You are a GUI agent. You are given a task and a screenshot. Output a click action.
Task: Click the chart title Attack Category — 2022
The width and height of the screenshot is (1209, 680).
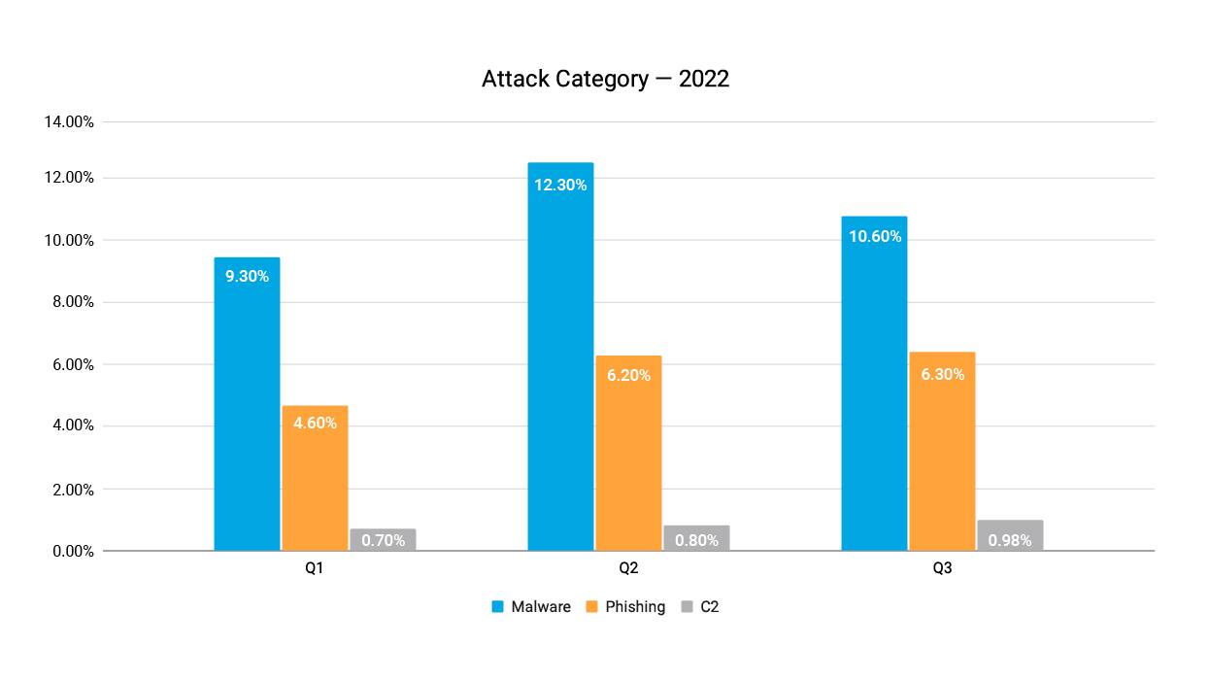(x=605, y=80)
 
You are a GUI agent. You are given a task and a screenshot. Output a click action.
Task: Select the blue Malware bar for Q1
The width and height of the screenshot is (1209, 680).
(x=247, y=408)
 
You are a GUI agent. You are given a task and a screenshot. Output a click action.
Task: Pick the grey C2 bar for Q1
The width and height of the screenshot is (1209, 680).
(x=383, y=540)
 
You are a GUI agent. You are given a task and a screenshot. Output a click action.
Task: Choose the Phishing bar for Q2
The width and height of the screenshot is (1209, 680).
(x=628, y=457)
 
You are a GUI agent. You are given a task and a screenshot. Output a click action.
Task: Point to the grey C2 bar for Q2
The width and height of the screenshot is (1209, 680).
(x=696, y=539)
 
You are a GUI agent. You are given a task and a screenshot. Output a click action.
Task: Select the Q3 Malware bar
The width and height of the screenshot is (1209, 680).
(x=874, y=389)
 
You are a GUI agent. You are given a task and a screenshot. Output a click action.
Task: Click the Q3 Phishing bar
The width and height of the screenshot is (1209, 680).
(x=942, y=457)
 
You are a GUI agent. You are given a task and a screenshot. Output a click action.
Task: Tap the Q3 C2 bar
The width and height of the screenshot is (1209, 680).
(x=1010, y=536)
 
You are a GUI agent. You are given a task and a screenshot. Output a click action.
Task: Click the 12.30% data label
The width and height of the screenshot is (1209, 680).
(x=560, y=185)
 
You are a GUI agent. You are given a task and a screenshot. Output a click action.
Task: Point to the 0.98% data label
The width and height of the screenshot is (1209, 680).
(x=1010, y=540)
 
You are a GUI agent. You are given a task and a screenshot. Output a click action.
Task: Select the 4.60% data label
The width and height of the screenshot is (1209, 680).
(x=315, y=424)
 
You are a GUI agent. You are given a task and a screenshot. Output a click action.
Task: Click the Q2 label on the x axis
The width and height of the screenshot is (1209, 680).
(x=628, y=568)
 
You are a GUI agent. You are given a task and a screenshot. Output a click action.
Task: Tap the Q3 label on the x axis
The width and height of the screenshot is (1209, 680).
(x=942, y=568)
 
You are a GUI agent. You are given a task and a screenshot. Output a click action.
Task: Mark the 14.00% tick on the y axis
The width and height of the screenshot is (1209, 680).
(x=69, y=122)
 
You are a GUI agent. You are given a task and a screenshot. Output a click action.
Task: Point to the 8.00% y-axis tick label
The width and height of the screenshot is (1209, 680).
(x=69, y=302)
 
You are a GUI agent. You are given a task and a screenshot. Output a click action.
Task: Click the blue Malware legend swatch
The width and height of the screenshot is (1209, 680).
(x=497, y=607)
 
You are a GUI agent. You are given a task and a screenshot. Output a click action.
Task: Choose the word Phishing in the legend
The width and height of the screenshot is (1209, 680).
(x=635, y=607)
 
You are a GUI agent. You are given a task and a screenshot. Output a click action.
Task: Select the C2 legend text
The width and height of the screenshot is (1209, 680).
(x=709, y=607)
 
